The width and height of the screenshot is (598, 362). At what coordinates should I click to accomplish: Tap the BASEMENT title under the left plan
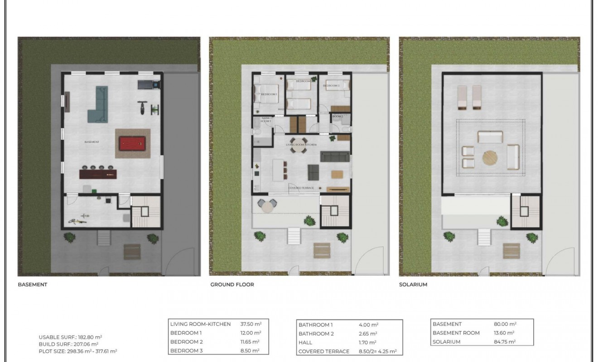(x=32, y=285)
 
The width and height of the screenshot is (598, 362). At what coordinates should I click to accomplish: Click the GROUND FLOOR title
(x=232, y=285)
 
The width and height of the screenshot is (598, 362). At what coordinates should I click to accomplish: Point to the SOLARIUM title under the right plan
(x=413, y=285)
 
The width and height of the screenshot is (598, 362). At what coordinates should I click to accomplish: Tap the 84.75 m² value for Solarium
(x=505, y=342)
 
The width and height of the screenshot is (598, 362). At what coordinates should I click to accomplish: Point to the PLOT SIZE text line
(x=78, y=351)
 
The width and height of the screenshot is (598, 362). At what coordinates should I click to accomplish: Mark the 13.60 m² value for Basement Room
(x=505, y=333)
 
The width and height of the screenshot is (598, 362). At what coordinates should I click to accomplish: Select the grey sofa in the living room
(x=334, y=157)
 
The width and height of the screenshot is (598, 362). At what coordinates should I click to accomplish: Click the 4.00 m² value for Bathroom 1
(x=368, y=324)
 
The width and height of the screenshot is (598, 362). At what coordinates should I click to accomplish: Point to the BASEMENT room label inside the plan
(x=92, y=142)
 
